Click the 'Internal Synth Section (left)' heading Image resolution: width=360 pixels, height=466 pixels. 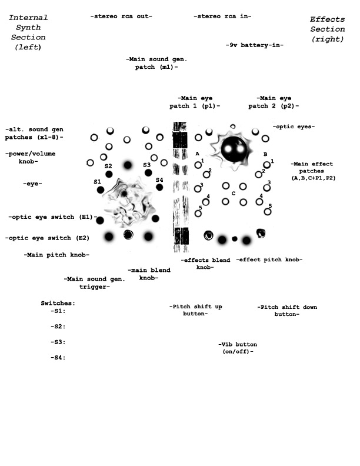[28, 32]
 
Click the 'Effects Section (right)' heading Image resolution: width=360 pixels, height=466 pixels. [328, 29]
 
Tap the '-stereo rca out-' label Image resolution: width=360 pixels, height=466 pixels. [121, 16]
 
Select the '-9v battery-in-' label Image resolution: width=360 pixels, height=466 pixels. [255, 45]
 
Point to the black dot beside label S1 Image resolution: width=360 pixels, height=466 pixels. [101, 190]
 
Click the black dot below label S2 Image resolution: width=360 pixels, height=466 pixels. [109, 174]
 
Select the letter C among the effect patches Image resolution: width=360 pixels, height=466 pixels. [233, 193]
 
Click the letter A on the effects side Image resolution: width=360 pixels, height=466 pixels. [198, 154]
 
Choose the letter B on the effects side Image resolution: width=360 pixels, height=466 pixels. [265, 154]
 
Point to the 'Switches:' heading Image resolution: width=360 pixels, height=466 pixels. [58, 302]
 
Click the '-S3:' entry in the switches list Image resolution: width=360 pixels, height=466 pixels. [58, 342]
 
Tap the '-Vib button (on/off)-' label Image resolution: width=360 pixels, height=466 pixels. [237, 348]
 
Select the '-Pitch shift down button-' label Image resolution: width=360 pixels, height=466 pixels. [287, 310]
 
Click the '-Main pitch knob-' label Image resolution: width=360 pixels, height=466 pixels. [56, 255]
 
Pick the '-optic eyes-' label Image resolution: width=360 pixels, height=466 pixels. [294, 127]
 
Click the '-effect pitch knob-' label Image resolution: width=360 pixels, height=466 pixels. [269, 259]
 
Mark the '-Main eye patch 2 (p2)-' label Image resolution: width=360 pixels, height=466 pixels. [274, 102]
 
